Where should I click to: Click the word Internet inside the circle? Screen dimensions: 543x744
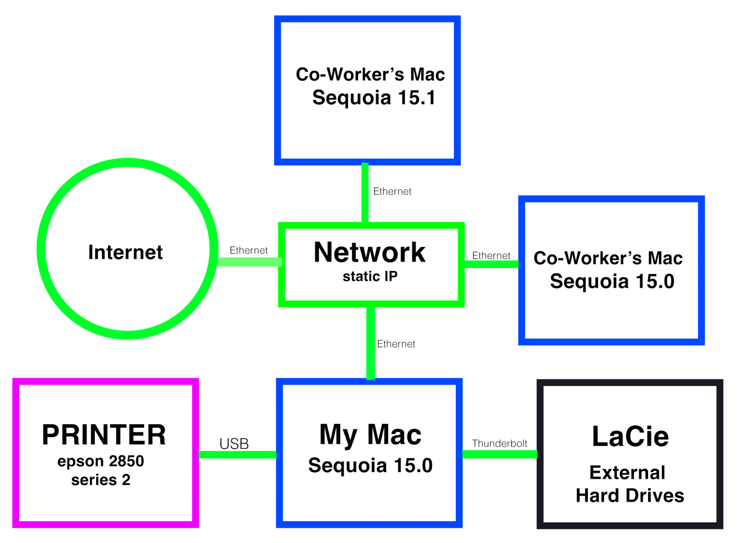click(125, 252)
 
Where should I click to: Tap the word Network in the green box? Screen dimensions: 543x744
click(369, 252)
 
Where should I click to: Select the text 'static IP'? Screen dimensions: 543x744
click(370, 277)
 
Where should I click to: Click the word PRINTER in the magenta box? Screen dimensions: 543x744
click(104, 435)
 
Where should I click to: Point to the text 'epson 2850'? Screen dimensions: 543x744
click(101, 461)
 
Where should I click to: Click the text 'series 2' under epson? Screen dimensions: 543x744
click(101, 480)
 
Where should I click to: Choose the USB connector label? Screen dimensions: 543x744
click(234, 444)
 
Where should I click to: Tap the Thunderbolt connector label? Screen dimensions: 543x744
click(499, 443)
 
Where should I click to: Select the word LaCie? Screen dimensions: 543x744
click(630, 437)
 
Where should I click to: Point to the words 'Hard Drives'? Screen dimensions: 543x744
click(629, 496)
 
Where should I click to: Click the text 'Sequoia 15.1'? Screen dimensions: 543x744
click(374, 97)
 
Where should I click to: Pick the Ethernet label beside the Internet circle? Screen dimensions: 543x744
click(249, 250)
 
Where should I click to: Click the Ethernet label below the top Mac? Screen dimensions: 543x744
click(392, 191)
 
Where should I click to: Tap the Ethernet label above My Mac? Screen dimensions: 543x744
click(396, 344)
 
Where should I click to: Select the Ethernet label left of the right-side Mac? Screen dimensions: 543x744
click(491, 256)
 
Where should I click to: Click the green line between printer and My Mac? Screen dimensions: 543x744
click(237, 455)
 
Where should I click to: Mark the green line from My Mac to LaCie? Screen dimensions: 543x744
click(499, 454)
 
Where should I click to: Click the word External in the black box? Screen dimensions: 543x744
click(627, 473)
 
